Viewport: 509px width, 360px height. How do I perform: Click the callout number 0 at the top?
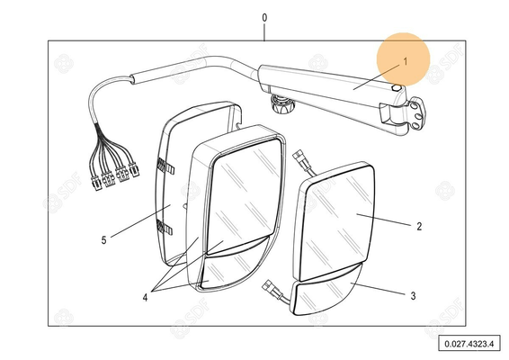pyautogui.click(x=264, y=18)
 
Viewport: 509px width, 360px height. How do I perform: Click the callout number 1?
pyautogui.click(x=406, y=61)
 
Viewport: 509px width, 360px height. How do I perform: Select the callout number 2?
pyautogui.click(x=419, y=227)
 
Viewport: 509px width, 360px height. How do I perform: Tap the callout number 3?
pyautogui.click(x=413, y=296)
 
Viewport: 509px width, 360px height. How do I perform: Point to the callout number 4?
pyautogui.click(x=145, y=297)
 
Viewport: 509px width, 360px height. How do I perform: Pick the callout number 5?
pyautogui.click(x=103, y=240)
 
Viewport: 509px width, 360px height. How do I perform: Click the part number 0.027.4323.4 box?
pyautogui.click(x=469, y=344)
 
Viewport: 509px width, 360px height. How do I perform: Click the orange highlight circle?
pyautogui.click(x=403, y=59)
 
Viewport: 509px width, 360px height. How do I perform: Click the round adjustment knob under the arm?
pyautogui.click(x=282, y=104)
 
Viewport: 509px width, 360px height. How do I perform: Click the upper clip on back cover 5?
pyautogui.click(x=165, y=166)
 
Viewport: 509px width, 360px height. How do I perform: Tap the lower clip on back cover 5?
pyautogui.click(x=165, y=227)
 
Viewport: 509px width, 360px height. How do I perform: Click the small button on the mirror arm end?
pyautogui.click(x=397, y=87)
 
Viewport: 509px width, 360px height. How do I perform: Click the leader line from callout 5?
pyautogui.click(x=141, y=220)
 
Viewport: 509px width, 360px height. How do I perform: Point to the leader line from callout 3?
pyautogui.click(x=378, y=289)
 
